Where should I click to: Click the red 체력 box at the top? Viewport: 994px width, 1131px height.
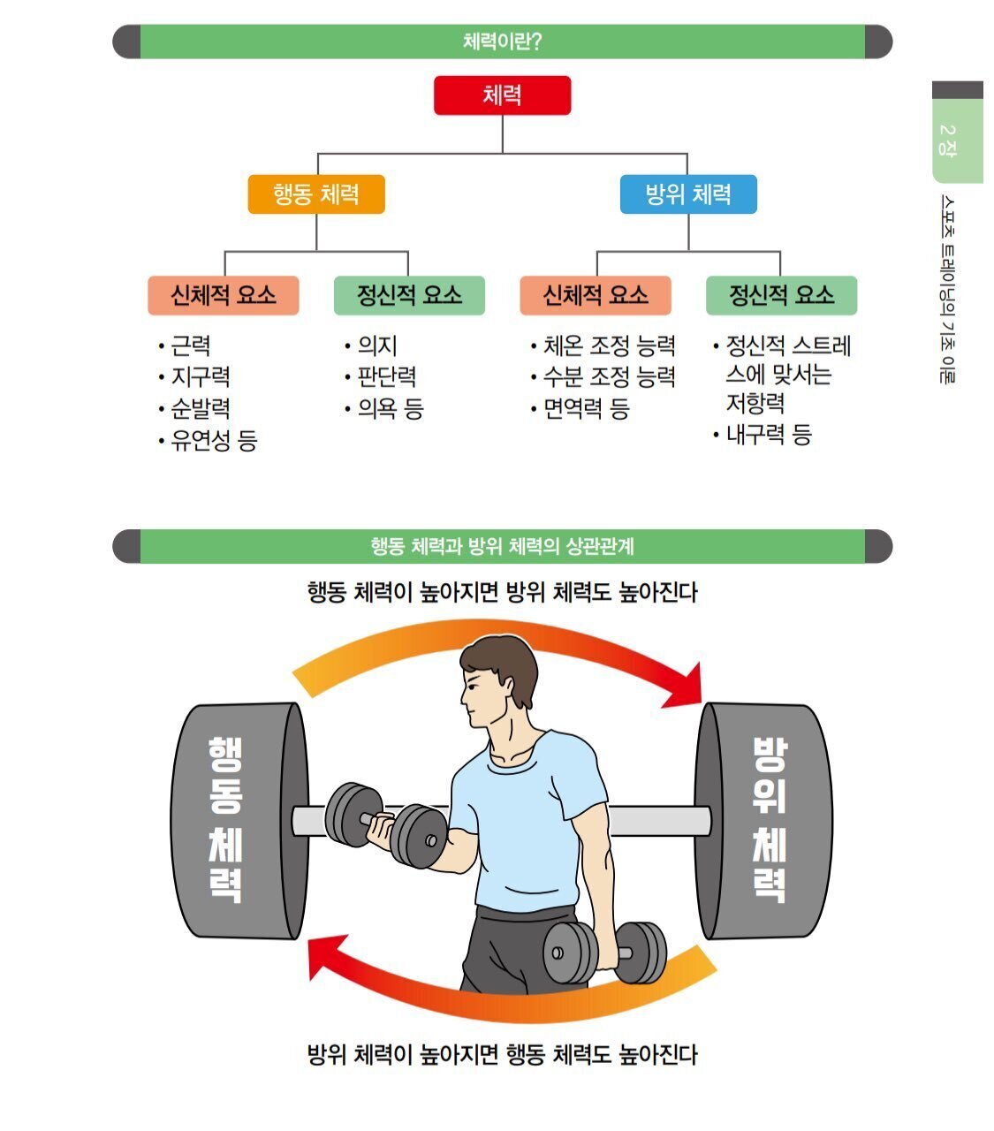pyautogui.click(x=502, y=95)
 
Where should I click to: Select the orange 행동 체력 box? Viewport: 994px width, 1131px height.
pyautogui.click(x=316, y=194)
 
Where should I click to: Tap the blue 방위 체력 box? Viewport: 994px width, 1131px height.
pyautogui.click(x=688, y=194)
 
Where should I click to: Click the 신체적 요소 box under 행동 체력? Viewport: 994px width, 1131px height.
pyautogui.click(x=224, y=296)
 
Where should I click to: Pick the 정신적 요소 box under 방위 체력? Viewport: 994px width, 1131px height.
pyautogui.click(x=781, y=296)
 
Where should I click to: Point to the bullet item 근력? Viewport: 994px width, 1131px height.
pyautogui.click(x=190, y=345)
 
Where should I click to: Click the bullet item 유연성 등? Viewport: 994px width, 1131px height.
pyautogui.click(x=213, y=440)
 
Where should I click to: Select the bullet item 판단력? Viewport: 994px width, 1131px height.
pyautogui.click(x=386, y=377)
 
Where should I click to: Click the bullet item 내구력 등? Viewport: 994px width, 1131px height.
pyautogui.click(x=768, y=435)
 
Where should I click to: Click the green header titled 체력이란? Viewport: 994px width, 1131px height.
pyautogui.click(x=502, y=42)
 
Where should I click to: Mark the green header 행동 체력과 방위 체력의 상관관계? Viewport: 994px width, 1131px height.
pyautogui.click(x=502, y=546)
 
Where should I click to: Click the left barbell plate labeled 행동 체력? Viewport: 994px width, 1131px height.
pyautogui.click(x=228, y=820)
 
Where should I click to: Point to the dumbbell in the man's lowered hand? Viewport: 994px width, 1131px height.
pyautogui.click(x=604, y=953)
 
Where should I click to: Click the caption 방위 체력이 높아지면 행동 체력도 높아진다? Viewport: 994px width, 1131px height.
pyautogui.click(x=502, y=1054)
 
